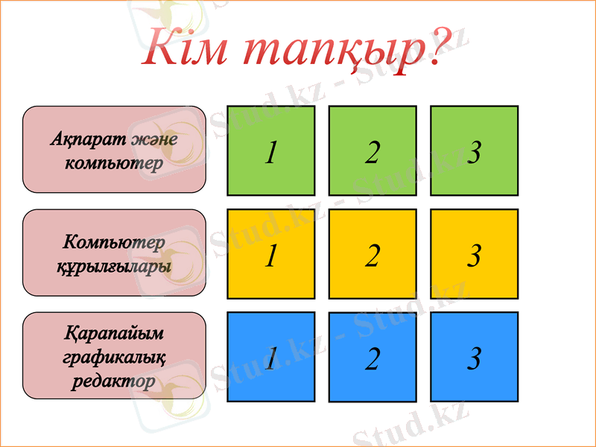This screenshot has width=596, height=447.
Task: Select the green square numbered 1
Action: [x=270, y=150]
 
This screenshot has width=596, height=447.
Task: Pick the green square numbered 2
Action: [x=372, y=150]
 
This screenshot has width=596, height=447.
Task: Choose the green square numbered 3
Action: [x=474, y=150]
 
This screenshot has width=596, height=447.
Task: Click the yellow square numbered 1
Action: [x=270, y=254]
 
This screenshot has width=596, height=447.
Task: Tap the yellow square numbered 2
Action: [x=372, y=254]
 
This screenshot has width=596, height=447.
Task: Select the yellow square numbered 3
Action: [x=474, y=254]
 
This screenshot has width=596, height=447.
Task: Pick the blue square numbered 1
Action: [x=270, y=357]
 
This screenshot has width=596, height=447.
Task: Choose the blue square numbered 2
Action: [x=372, y=358]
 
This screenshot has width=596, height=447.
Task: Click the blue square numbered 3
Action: [x=474, y=357]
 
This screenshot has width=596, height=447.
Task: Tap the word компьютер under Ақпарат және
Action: [x=114, y=162]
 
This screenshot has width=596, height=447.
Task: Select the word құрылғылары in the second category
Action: [x=114, y=266]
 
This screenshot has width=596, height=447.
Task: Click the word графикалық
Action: [x=114, y=358]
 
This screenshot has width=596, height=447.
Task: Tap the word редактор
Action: [x=114, y=381]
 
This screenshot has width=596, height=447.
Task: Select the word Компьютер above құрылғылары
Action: [x=114, y=242]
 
